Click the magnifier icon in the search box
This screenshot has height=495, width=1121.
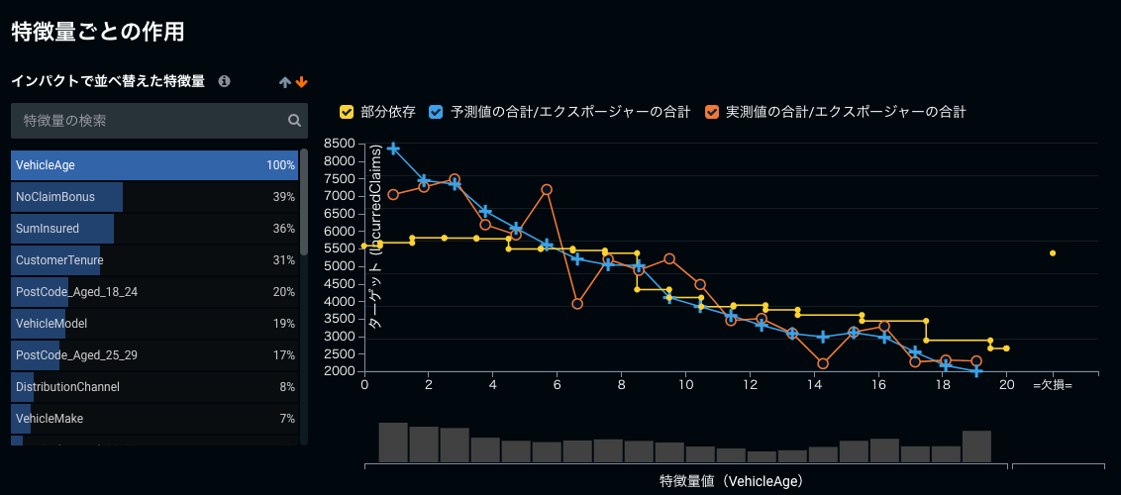click(294, 121)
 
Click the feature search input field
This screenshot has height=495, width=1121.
click(149, 121)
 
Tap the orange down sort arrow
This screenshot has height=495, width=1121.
click(302, 82)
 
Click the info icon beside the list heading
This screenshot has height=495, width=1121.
click(225, 81)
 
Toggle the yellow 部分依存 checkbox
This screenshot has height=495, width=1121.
click(347, 112)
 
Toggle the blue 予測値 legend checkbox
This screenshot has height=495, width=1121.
click(436, 112)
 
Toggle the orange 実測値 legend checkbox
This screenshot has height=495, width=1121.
click(712, 112)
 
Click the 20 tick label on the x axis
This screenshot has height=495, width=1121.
click(1006, 385)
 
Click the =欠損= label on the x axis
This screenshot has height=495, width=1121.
click(1052, 385)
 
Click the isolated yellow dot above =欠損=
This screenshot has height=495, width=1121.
click(1053, 253)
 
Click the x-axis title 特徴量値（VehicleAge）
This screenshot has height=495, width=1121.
click(731, 482)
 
